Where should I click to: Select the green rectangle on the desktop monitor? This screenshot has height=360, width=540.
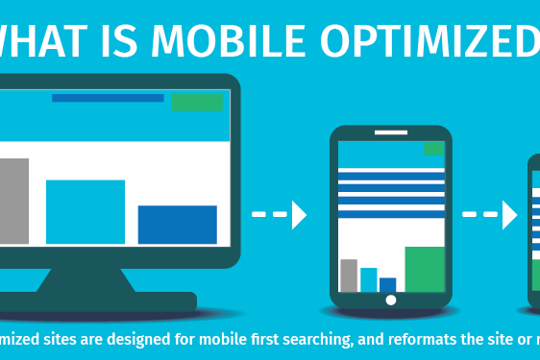[x=197, y=102]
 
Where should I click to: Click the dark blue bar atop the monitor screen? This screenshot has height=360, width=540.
[x=108, y=98]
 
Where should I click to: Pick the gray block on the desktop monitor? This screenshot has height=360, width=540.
[x=13, y=201]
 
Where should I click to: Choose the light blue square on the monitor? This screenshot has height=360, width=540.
[x=86, y=211]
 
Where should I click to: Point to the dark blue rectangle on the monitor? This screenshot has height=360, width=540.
[x=177, y=224]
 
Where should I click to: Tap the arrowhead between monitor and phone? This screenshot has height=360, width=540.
[x=299, y=215]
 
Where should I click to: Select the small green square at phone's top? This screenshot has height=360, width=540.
[x=434, y=148]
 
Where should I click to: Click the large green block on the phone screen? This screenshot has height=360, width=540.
[x=424, y=269]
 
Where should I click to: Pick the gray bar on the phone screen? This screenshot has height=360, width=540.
[x=349, y=276]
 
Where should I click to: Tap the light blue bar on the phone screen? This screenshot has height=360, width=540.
[x=369, y=279]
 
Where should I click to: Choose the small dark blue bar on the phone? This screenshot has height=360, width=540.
[x=388, y=284]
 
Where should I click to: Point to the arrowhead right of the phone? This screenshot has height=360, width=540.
[x=509, y=215]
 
